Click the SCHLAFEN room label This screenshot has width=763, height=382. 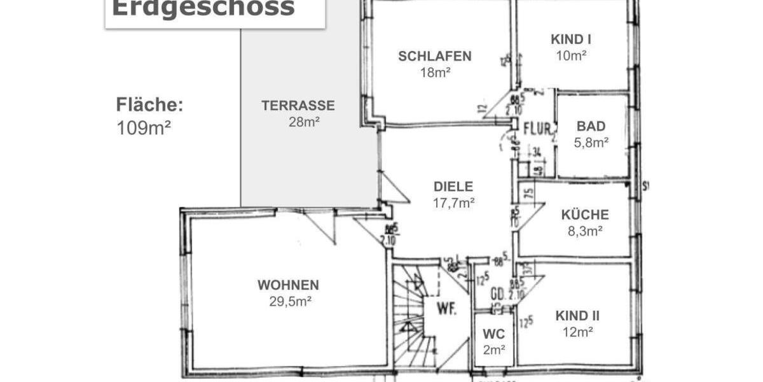(435, 56)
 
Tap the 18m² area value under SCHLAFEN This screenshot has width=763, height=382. (435, 72)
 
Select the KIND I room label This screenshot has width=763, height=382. (571, 39)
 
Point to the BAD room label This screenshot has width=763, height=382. (591, 126)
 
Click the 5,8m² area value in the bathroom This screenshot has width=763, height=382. (591, 142)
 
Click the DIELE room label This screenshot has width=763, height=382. (453, 187)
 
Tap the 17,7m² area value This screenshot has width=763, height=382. (453, 203)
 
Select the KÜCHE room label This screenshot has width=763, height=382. (585, 215)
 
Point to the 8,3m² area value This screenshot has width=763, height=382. (585, 231)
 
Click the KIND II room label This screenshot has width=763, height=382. (577, 316)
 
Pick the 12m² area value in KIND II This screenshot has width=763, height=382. (577, 332)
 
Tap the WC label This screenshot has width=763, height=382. (493, 334)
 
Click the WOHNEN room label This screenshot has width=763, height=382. (288, 285)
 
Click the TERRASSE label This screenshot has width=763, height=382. (298, 106)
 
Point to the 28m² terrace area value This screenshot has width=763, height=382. (303, 122)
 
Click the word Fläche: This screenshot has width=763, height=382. (149, 105)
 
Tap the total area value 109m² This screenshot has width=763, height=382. (144, 127)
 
